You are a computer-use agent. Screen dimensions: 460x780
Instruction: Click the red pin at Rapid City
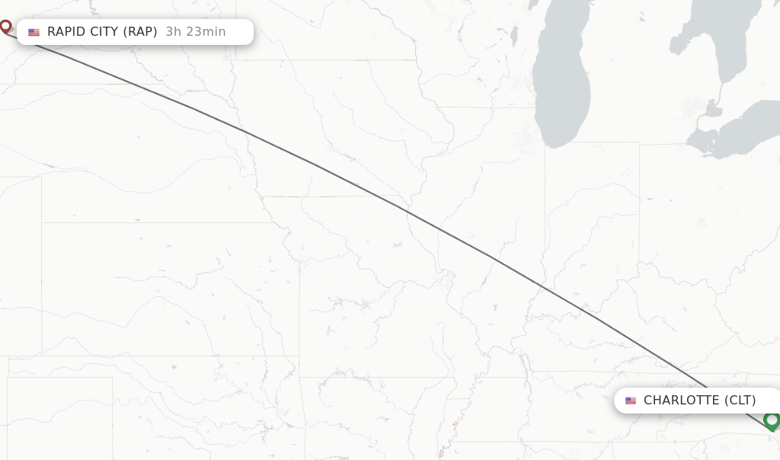click(5, 27)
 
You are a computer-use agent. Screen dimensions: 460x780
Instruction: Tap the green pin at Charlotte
click(771, 420)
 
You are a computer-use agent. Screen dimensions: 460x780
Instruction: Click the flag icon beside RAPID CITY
click(34, 32)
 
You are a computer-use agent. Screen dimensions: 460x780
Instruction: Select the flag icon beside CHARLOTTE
click(631, 401)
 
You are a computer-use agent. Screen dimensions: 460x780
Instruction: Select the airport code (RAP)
click(140, 31)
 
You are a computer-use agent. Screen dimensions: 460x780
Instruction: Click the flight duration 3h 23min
click(196, 31)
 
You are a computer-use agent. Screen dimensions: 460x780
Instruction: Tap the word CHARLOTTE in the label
click(681, 400)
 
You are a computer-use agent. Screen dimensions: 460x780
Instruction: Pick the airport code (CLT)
click(740, 400)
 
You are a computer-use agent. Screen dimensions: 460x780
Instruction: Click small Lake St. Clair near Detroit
click(713, 111)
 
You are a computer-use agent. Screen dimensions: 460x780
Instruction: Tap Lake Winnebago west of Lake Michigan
click(514, 35)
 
